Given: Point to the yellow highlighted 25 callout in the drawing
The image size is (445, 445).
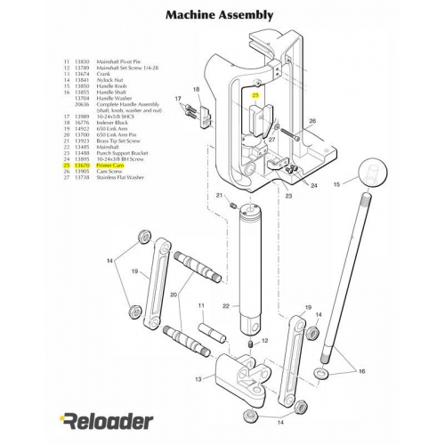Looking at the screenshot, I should coord(255,95).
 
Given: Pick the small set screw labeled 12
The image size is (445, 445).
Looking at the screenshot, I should coord(250,344).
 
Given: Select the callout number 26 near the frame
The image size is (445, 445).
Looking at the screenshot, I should coord(312,120).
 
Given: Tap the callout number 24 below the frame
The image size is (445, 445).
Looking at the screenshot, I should coord(314,185).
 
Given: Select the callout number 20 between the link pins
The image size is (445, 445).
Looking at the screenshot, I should coord(174,294).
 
